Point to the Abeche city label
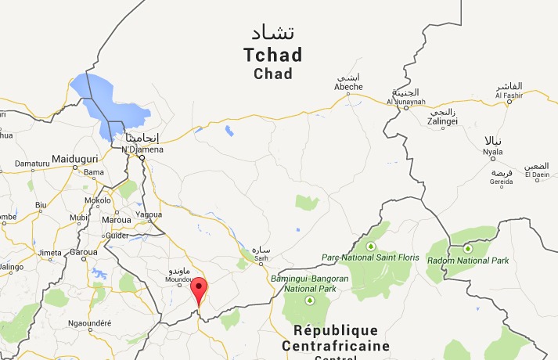point(348,87)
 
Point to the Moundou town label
point(179,279)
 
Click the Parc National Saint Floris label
point(370,257)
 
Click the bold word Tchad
point(272,56)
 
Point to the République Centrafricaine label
point(335,337)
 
